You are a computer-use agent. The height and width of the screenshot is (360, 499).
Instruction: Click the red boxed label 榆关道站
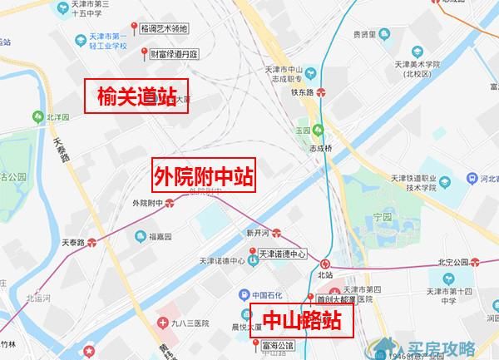pos(137,96)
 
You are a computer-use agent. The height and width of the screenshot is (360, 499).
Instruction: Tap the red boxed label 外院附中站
pos(203,175)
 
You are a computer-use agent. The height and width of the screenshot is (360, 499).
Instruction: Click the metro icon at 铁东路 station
pos(332,92)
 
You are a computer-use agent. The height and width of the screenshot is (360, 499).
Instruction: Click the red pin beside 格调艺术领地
pos(138,27)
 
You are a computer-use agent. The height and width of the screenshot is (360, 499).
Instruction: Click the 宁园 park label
pos(382,215)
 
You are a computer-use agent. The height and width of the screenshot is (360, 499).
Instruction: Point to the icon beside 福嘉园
pos(132,236)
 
